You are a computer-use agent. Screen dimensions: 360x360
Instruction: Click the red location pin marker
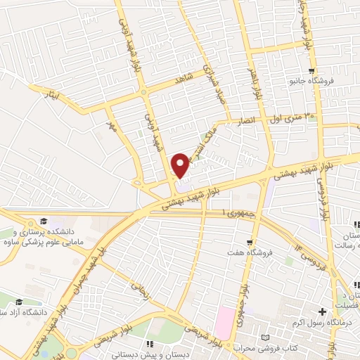coord(181,165)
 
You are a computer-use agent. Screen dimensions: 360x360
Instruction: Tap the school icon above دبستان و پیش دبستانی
coord(150,343)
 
